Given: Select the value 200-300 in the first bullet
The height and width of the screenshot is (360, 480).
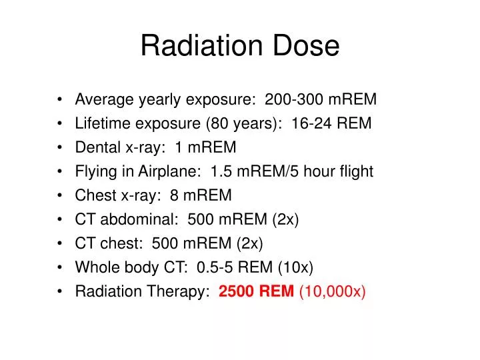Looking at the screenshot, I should (x=292, y=100).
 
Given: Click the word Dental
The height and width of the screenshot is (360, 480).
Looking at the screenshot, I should (x=97, y=147).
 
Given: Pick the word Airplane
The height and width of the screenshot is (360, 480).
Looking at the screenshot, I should (x=169, y=171).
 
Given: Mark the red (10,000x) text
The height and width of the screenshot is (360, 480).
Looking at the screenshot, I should (x=332, y=291).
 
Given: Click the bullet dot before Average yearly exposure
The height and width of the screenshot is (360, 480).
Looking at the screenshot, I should (x=61, y=100).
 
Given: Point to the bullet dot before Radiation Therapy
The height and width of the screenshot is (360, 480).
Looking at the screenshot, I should (x=61, y=291).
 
